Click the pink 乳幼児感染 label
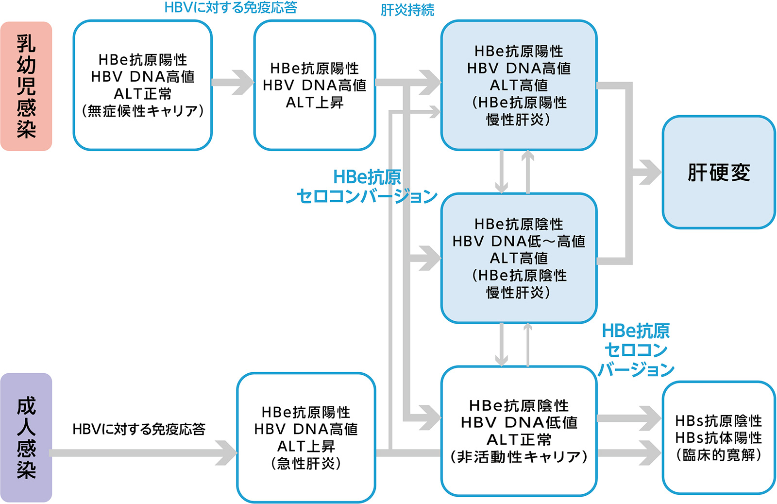pyautogui.click(x=26, y=86)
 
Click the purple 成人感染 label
pyautogui.click(x=26, y=437)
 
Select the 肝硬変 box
pyautogui.click(x=718, y=172)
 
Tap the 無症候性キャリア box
pyautogui.click(x=142, y=85)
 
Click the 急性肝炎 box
pyautogui.click(x=306, y=437)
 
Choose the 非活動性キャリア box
pyautogui.click(x=519, y=431)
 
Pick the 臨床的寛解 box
pyautogui.click(x=718, y=437)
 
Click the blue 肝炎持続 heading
pyautogui.click(x=407, y=10)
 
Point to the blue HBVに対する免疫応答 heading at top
pyautogui.click(x=231, y=7)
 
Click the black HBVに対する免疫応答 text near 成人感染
pyautogui.click(x=139, y=429)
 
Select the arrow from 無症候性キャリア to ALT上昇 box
pyautogui.click(x=233, y=82)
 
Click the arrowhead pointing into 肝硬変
pyautogui.click(x=650, y=172)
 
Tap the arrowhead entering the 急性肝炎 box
pyautogui.click(x=226, y=452)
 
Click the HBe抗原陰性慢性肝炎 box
pyautogui.click(x=519, y=258)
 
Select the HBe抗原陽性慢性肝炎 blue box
pyautogui.click(x=519, y=85)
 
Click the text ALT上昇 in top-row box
pyautogui.click(x=315, y=103)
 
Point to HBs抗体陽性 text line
pyautogui.click(x=718, y=438)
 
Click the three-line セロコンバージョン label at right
pyautogui.click(x=636, y=350)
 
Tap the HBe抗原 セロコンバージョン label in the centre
pyautogui.click(x=367, y=187)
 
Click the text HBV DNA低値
pyautogui.click(x=519, y=422)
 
